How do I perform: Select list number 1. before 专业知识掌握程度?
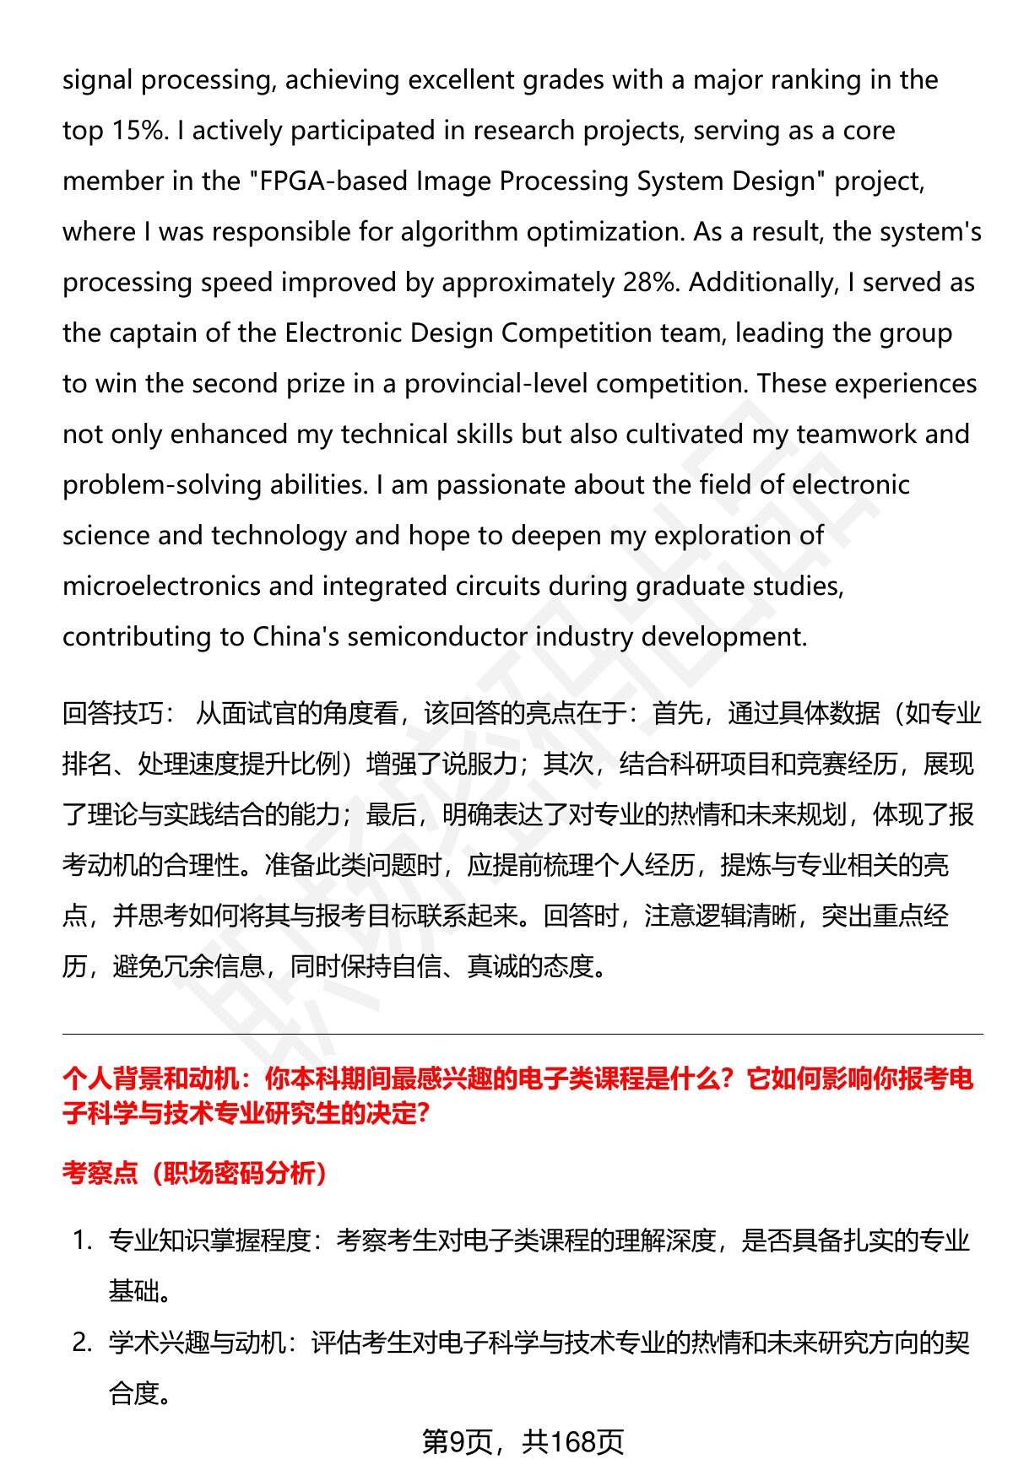pos(82,1240)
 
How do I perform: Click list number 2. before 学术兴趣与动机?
pos(82,1342)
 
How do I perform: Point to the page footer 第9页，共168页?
pos(523,1442)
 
